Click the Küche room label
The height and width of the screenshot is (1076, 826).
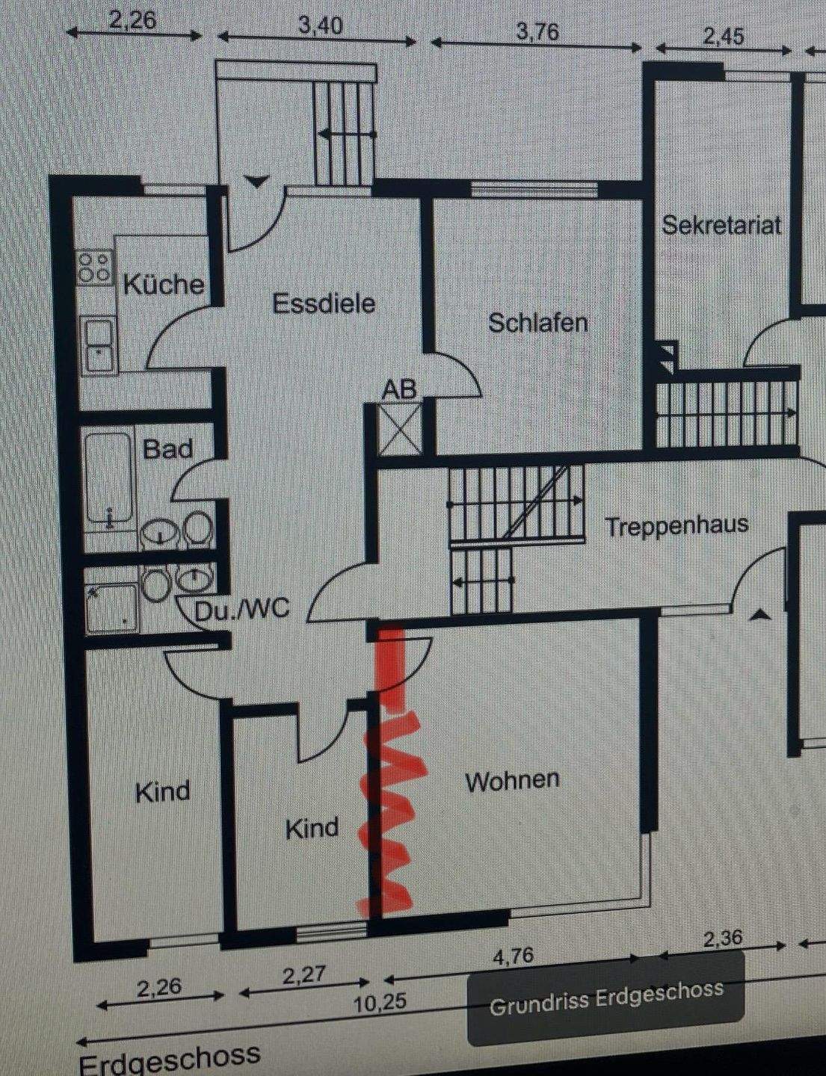point(163,284)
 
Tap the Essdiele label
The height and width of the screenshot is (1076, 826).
point(323,303)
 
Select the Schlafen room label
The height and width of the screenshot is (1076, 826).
point(537,323)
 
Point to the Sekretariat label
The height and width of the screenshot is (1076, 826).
point(721,224)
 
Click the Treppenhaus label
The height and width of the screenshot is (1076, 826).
point(676,525)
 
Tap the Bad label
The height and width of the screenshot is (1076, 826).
point(167,449)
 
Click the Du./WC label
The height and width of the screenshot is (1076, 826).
point(241,610)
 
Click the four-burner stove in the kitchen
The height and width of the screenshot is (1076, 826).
point(96,268)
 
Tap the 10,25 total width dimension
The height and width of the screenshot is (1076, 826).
point(380,1002)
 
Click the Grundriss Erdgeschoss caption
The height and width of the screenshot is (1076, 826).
point(605,998)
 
